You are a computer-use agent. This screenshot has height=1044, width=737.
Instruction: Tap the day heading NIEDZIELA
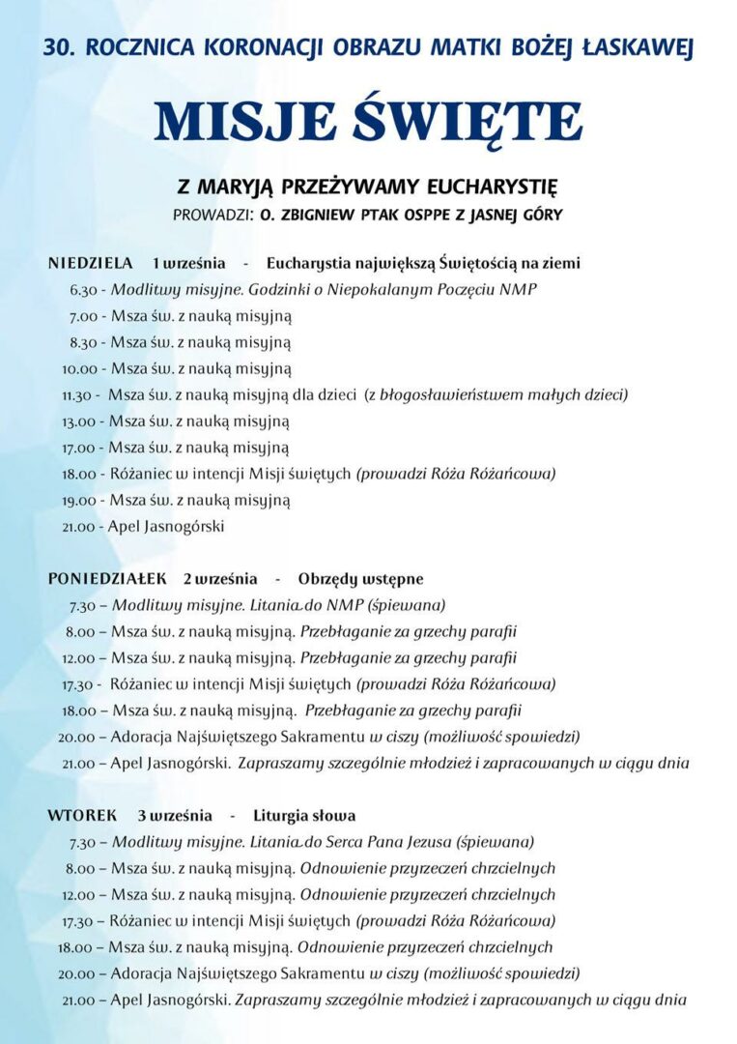coord(90,263)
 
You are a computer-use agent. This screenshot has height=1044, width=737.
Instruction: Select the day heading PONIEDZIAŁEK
coord(108,579)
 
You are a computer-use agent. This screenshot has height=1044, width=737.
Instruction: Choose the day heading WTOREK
coord(82,816)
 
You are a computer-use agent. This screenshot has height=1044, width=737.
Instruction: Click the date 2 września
coord(220,579)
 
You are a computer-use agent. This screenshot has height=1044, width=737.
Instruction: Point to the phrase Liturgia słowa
coord(304,816)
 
